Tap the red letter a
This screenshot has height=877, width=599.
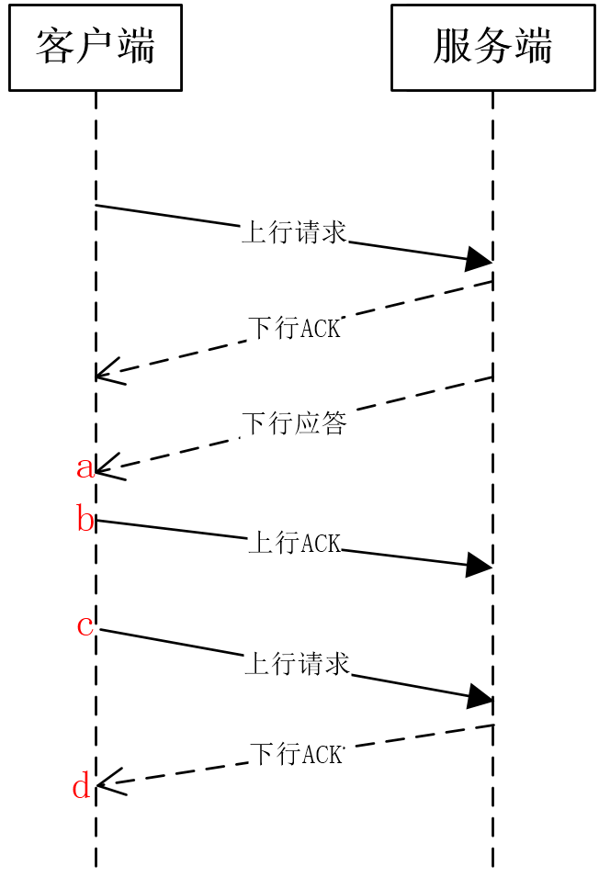pos(85,467)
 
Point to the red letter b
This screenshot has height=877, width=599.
pos(85,518)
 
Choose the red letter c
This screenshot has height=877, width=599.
pos(85,626)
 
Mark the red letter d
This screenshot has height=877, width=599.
pos(82,785)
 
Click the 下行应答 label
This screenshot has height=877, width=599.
pos(295,423)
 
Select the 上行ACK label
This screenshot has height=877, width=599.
pos(295,543)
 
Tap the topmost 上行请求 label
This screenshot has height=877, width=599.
pos(294,232)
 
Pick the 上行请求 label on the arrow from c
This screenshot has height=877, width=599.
pos(297,664)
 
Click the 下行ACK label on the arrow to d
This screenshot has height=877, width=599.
pos(296,754)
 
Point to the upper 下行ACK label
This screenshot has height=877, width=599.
pos(294,328)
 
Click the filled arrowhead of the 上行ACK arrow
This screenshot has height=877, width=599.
pos(480,565)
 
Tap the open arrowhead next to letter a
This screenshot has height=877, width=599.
pos(111,467)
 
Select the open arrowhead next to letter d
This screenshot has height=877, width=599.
pos(112,781)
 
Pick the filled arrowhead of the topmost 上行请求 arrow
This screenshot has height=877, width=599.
pos(479,259)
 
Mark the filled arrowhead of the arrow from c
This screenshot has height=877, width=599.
pos(480,696)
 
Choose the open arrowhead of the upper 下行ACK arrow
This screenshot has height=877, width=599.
pos(111,371)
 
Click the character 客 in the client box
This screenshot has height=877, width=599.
pos(55,46)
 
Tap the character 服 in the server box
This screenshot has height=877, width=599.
pos(452,46)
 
